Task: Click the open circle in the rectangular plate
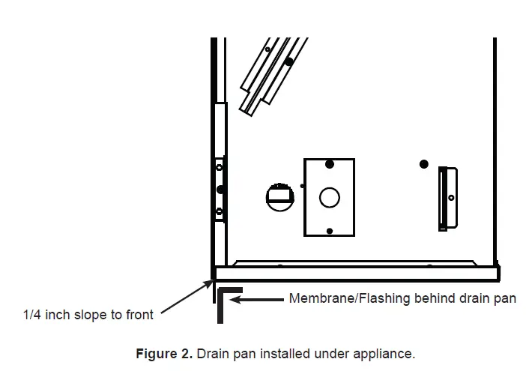[x=329, y=197]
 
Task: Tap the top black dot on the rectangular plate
[x=329, y=164]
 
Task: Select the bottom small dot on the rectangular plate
[x=329, y=230]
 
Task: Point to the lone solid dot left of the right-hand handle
[x=424, y=163]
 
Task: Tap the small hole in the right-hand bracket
[x=451, y=197]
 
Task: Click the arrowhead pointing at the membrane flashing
[x=235, y=299]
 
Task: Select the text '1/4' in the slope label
[x=32, y=315]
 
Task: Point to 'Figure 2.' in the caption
[x=158, y=352]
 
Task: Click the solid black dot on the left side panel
[x=220, y=189]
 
